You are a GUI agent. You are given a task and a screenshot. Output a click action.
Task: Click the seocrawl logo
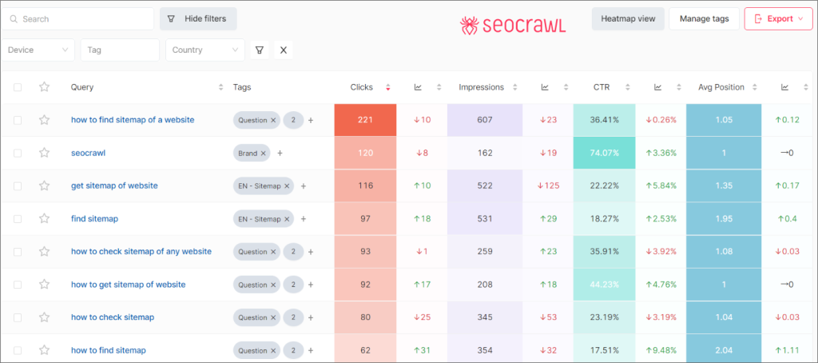(x=513, y=26)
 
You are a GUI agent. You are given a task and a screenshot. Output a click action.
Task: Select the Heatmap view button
(x=628, y=18)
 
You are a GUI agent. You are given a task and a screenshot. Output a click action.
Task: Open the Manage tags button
(x=704, y=18)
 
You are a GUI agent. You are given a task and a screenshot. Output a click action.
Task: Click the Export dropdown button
(x=778, y=18)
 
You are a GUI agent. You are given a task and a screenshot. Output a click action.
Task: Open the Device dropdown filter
(x=38, y=50)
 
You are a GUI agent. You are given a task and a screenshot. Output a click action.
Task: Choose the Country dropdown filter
(x=204, y=50)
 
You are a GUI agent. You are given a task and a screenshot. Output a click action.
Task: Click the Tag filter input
(x=120, y=50)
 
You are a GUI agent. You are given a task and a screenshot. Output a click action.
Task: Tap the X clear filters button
(x=284, y=50)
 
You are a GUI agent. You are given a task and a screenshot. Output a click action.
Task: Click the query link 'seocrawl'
(x=88, y=153)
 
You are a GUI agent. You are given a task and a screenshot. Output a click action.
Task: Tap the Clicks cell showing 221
(x=366, y=120)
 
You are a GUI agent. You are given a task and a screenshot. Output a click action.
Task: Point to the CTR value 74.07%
(x=605, y=153)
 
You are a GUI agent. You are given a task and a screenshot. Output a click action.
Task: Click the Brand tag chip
(x=249, y=153)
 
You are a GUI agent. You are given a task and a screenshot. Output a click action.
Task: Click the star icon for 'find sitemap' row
(x=45, y=218)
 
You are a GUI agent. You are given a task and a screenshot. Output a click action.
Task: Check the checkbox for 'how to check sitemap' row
(x=18, y=317)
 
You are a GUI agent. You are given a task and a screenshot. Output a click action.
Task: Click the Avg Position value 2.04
(x=724, y=350)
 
